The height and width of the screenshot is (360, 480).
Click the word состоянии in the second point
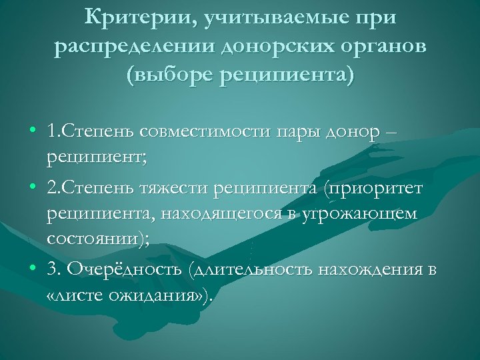click(93, 241)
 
